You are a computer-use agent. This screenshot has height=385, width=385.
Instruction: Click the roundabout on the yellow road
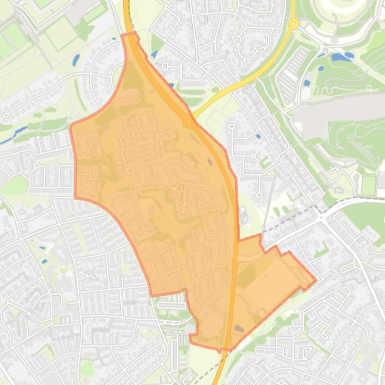tap(293, 23)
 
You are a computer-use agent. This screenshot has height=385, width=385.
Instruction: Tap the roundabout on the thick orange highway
tap(189, 121)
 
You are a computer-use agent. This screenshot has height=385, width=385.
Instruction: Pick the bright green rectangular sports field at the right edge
tap(368, 185)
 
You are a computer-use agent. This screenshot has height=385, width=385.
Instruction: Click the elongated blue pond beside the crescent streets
tap(76, 60)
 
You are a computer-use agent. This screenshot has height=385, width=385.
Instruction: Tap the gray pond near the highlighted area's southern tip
tap(239, 328)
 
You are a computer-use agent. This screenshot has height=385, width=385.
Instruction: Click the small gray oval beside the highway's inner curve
tap(209, 161)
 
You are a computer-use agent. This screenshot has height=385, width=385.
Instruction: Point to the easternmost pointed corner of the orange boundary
tap(315, 280)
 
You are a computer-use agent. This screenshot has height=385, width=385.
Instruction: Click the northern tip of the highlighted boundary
tap(130, 34)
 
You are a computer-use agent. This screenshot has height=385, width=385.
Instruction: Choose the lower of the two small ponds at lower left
tap(45, 261)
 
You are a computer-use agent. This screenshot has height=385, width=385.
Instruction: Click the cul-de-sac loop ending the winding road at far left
tap(6, 115)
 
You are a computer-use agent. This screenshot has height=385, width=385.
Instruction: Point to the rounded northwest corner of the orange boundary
tap(73, 125)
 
